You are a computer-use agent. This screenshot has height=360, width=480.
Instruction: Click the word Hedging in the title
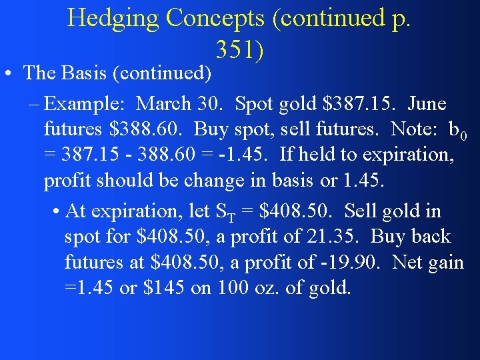coord(113,18)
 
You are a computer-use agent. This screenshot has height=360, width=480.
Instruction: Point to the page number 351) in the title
coord(240,48)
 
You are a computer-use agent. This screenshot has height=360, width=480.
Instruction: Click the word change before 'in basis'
coord(177,181)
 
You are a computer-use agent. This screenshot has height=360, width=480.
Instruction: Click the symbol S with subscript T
coord(225,212)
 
